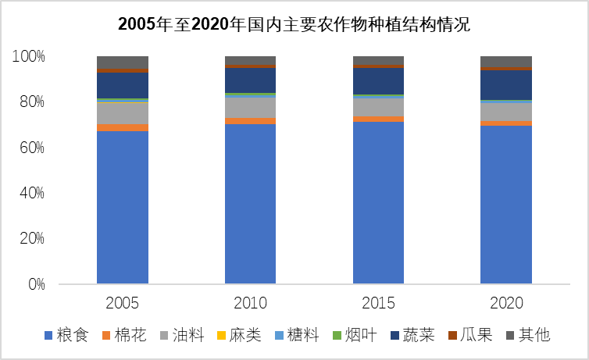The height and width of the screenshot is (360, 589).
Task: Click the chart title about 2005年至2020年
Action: coord(294,23)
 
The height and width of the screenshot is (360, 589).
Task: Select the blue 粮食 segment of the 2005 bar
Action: coord(123,207)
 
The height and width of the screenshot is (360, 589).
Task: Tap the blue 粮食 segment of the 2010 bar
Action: coord(251,203)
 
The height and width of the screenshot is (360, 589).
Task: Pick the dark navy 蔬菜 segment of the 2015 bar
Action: coord(378,81)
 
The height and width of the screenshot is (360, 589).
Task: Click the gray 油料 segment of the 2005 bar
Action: coord(123,113)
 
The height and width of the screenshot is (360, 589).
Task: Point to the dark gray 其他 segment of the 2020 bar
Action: coord(505,62)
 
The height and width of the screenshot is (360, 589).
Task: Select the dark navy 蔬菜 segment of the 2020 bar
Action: coord(505,84)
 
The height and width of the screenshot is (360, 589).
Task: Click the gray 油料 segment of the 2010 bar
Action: coord(251,108)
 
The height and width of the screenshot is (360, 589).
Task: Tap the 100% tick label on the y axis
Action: coord(29,57)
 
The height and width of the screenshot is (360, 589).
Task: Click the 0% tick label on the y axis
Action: coord(35,284)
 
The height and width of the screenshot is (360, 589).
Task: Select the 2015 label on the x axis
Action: coord(378,303)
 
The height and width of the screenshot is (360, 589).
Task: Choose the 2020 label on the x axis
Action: coord(505,303)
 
